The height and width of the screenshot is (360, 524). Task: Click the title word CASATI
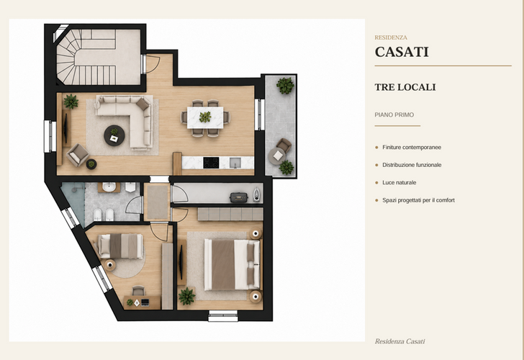click(402, 52)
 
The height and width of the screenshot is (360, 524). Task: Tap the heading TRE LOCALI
click(405, 87)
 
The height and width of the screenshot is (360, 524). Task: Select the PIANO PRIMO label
click(394, 114)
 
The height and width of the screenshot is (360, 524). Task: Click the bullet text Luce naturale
click(399, 182)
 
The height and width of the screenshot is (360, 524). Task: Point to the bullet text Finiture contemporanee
click(412, 147)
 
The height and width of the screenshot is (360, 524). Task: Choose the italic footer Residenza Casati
click(399, 341)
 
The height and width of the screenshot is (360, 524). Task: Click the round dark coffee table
click(114, 135)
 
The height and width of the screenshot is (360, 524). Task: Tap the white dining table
click(205, 117)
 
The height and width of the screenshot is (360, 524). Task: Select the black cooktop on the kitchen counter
click(211, 163)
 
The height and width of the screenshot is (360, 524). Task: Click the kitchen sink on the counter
click(235, 163)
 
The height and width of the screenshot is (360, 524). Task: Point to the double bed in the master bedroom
click(232, 264)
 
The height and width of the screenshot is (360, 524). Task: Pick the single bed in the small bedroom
click(120, 246)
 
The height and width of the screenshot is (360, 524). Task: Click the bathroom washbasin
click(109, 187)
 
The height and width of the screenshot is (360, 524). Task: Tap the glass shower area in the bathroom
click(73, 202)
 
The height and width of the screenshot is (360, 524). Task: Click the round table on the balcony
click(277, 156)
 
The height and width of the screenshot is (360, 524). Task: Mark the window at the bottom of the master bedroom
click(223, 315)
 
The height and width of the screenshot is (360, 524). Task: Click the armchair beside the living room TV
click(78, 155)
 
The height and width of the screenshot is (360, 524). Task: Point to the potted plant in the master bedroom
click(187, 296)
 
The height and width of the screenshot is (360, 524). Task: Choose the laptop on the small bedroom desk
click(145, 302)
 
